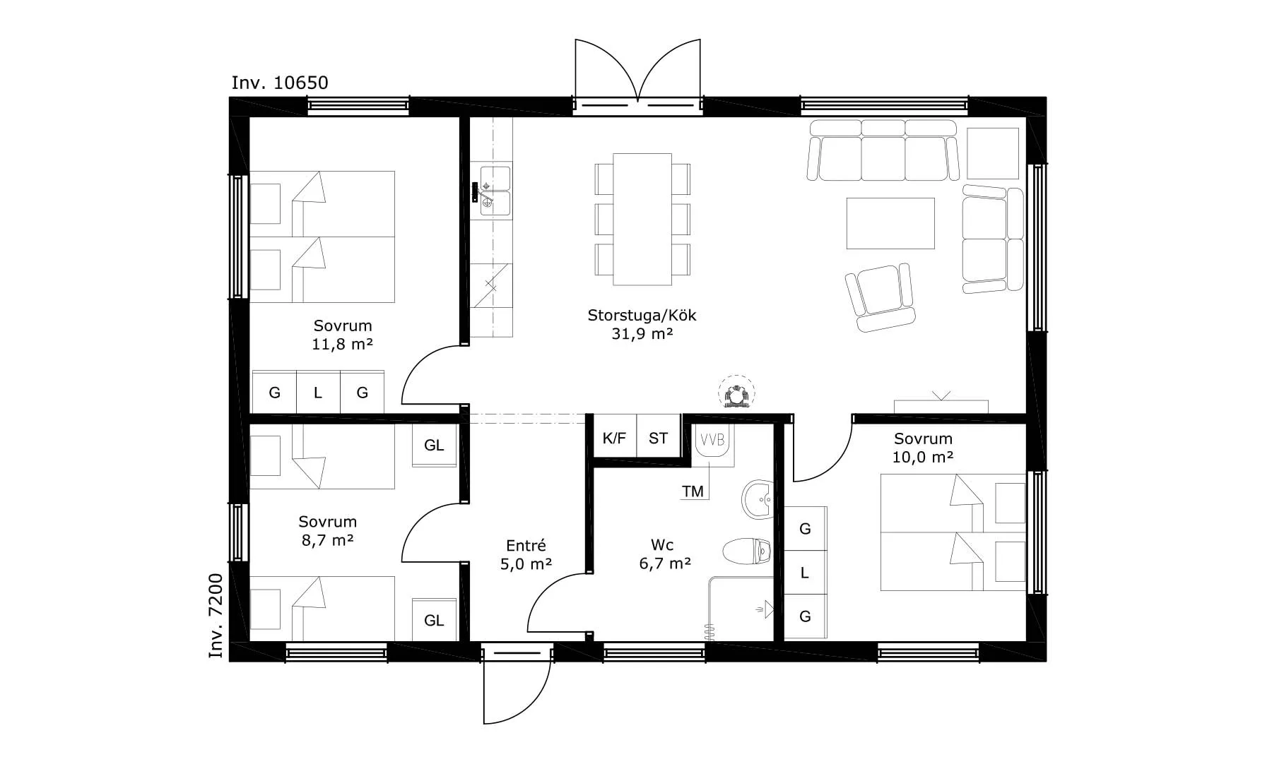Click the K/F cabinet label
pyautogui.click(x=614, y=438)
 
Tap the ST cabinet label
pyautogui.click(x=658, y=438)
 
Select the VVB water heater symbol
pyautogui.click(x=712, y=446)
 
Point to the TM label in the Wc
pyautogui.click(x=693, y=491)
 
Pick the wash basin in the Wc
pyautogui.click(x=758, y=499)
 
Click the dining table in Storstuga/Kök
pyautogui.click(x=642, y=219)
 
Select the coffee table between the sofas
pyautogui.click(x=890, y=223)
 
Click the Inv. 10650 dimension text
pyautogui.click(x=280, y=83)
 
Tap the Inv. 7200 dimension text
pyautogui.click(x=216, y=616)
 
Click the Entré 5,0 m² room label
pyautogui.click(x=526, y=555)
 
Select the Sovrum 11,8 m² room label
pyautogui.click(x=343, y=335)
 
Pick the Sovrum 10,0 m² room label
pyautogui.click(x=923, y=448)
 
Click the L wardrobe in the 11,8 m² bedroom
pyautogui.click(x=318, y=392)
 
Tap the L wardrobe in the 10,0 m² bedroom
pyautogui.click(x=805, y=573)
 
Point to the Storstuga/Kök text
pyautogui.click(x=642, y=315)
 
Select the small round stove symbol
pyautogui.click(x=736, y=394)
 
